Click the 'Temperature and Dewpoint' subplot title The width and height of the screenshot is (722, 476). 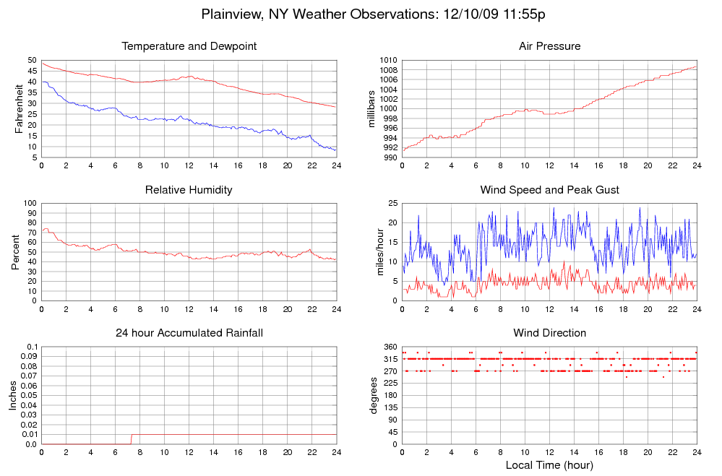(x=189, y=47)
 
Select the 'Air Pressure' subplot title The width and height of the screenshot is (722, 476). (x=549, y=47)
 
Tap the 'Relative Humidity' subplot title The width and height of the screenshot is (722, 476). (x=189, y=190)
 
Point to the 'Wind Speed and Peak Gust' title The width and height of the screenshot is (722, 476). (x=549, y=190)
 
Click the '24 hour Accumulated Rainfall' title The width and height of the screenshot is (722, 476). (x=189, y=333)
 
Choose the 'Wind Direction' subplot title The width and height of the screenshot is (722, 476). (x=549, y=333)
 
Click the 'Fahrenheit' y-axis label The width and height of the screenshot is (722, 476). (x=20, y=108)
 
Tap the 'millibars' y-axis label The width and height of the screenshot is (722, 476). (x=372, y=109)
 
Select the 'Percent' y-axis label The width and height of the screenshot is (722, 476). (x=16, y=251)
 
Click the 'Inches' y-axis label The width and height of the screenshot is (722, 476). (x=13, y=396)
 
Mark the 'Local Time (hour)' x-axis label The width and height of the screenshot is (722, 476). (x=549, y=465)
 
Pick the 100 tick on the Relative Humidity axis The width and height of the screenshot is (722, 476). (x=30, y=203)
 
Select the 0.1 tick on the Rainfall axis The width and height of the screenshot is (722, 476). (x=33, y=347)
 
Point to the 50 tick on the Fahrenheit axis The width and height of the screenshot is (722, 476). (x=32, y=60)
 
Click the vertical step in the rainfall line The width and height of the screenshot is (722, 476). (x=131, y=439)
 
